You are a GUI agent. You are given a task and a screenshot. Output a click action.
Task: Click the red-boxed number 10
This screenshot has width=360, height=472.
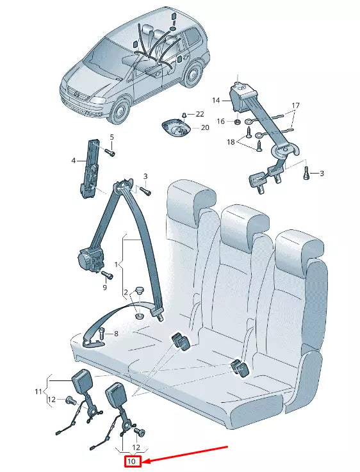pyautogui.click(x=133, y=461)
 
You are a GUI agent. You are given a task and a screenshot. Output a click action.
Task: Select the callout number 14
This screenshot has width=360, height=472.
pyautogui.click(x=216, y=101)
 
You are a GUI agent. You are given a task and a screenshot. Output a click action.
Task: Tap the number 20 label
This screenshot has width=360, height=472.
pyautogui.click(x=205, y=127)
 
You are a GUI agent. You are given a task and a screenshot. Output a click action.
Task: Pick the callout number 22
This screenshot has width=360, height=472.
pyautogui.click(x=200, y=113)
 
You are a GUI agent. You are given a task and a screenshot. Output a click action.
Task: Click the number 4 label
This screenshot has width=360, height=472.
pyautogui.click(x=73, y=160)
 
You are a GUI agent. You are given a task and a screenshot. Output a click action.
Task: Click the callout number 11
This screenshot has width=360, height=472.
pyautogui.click(x=38, y=391)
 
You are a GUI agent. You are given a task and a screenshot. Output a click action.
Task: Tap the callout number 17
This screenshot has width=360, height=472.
pyautogui.click(x=295, y=105)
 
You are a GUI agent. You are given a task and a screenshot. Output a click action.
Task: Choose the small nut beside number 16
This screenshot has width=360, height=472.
pyautogui.click(x=237, y=122)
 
